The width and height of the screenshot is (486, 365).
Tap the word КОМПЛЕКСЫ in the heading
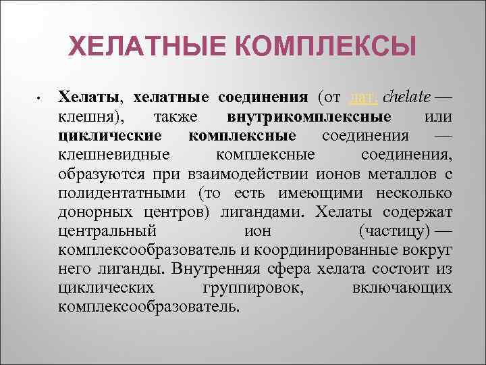[325, 48]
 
